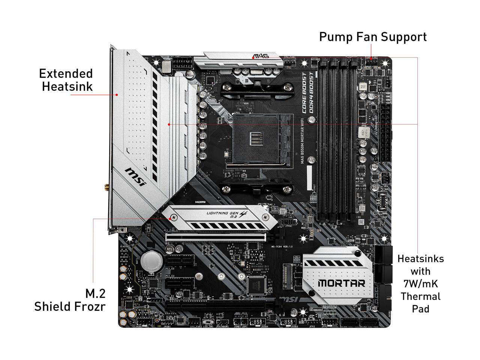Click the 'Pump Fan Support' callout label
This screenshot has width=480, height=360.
point(373,37)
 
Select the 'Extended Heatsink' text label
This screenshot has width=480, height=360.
point(67,79)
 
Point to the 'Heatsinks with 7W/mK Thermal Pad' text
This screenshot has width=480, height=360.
point(420,283)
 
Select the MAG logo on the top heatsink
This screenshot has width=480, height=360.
point(261,56)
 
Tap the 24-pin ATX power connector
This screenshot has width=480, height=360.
point(385,133)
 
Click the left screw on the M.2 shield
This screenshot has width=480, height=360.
point(173,217)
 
